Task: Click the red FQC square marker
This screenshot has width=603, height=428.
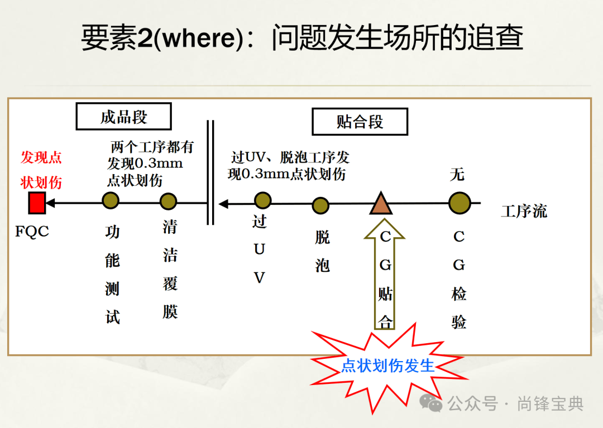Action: pyautogui.click(x=37, y=203)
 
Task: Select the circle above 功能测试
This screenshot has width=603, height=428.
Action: pyautogui.click(x=111, y=201)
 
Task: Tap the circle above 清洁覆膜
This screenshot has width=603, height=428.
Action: pyautogui.click(x=168, y=201)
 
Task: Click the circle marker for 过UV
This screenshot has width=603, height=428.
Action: pyautogui.click(x=262, y=200)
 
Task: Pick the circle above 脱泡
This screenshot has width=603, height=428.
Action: pyautogui.click(x=320, y=205)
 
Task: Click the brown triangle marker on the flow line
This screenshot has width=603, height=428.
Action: pyautogui.click(x=381, y=204)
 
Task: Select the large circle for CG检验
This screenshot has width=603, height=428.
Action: pyautogui.click(x=460, y=203)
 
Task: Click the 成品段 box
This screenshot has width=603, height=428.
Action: pyautogui.click(x=123, y=117)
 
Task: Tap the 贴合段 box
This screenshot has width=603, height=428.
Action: pyautogui.click(x=360, y=122)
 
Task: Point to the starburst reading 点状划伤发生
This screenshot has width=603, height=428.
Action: pyautogui.click(x=387, y=366)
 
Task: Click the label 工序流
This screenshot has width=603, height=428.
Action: pyautogui.click(x=524, y=211)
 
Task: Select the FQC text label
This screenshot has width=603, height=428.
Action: pyautogui.click(x=32, y=231)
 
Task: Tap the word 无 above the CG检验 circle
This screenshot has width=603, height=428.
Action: pyautogui.click(x=457, y=175)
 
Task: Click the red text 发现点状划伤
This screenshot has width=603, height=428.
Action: pyautogui.click(x=41, y=170)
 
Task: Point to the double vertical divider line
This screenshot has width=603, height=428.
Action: pyautogui.click(x=210, y=172)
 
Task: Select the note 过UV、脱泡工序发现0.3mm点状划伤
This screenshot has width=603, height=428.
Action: pyautogui.click(x=288, y=166)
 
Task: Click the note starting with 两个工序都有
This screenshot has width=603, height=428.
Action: pyautogui.click(x=149, y=164)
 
